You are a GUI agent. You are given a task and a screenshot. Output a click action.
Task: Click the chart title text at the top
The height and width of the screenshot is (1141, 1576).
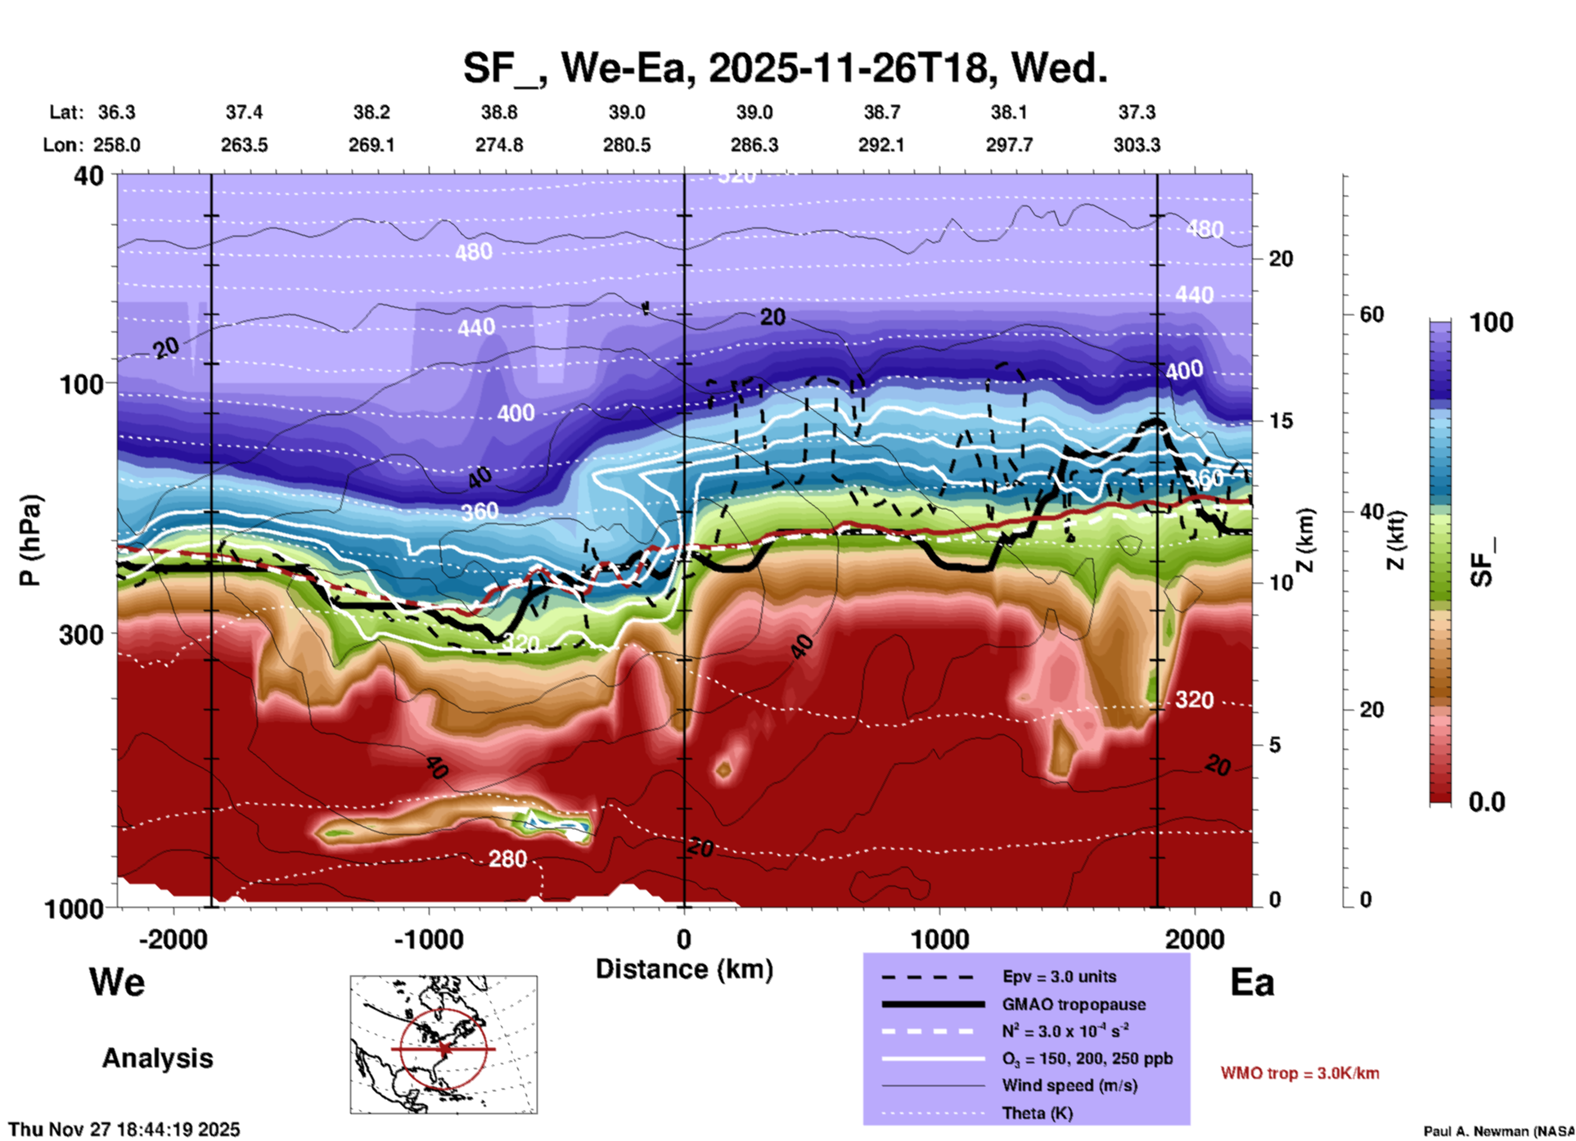pyautogui.click(x=785, y=68)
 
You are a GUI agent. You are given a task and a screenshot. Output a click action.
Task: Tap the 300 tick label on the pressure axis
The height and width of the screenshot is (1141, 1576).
pyautogui.click(x=82, y=634)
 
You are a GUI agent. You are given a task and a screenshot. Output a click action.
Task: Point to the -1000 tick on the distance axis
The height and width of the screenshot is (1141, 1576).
pyautogui.click(x=428, y=939)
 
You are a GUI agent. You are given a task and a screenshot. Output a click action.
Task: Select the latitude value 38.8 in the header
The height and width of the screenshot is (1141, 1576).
pyautogui.click(x=498, y=112)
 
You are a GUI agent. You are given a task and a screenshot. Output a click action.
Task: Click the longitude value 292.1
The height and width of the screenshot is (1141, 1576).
pyautogui.click(x=881, y=145)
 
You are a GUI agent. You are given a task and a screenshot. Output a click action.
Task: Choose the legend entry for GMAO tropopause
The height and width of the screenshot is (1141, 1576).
pyautogui.click(x=1074, y=1004)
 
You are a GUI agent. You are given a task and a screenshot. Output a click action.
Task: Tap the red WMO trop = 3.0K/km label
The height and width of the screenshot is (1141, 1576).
pyautogui.click(x=1299, y=1073)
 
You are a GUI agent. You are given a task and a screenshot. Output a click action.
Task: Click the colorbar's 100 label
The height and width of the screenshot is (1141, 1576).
pyautogui.click(x=1491, y=322)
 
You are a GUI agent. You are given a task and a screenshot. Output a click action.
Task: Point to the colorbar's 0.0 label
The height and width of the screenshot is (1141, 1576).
pyautogui.click(x=1486, y=802)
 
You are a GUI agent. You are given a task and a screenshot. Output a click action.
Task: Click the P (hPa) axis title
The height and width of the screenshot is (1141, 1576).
pyautogui.click(x=30, y=540)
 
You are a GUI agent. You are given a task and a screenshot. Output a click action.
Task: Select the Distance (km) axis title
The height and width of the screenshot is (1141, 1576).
pyautogui.click(x=684, y=969)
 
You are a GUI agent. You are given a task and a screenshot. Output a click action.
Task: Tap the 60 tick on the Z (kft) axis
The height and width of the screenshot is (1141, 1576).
pyautogui.click(x=1371, y=314)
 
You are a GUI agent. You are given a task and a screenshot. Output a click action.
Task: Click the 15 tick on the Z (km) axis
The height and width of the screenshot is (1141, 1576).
pyautogui.click(x=1281, y=421)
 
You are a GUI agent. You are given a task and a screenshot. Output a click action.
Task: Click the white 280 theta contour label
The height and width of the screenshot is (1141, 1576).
pyautogui.click(x=507, y=859)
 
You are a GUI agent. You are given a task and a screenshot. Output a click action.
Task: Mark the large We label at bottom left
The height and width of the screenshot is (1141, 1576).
pyautogui.click(x=117, y=982)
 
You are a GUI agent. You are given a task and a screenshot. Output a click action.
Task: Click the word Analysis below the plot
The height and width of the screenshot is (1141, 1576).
pyautogui.click(x=157, y=1058)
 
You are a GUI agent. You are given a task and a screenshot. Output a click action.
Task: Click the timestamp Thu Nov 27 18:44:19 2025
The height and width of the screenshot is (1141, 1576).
pyautogui.click(x=124, y=1130)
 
